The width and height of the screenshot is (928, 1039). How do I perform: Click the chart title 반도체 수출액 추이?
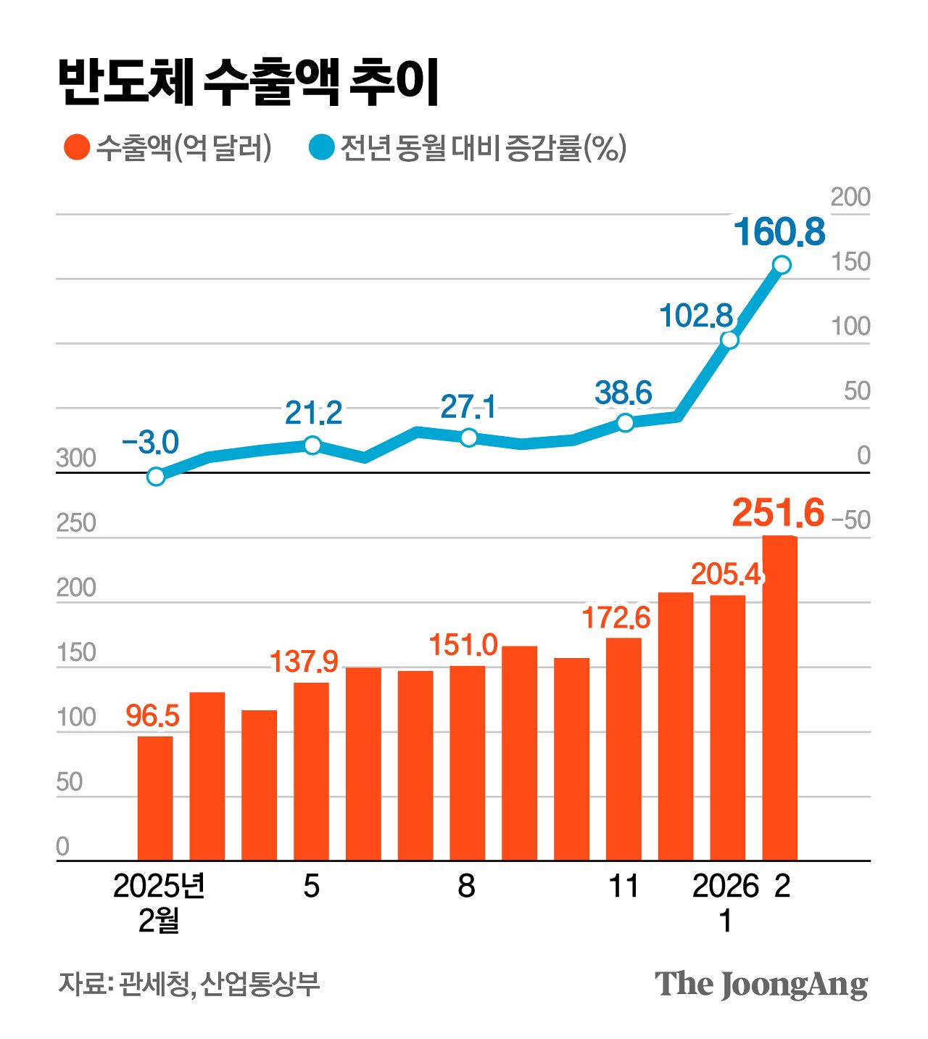pos(248,81)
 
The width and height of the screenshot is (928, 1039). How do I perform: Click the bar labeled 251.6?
pos(779,697)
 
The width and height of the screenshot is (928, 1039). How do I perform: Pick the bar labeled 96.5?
pos(155,798)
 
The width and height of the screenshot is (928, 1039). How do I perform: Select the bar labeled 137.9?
pos(311,771)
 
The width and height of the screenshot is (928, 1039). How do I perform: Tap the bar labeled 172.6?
pos(623,749)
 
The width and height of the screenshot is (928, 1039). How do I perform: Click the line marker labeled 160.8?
pos(782,265)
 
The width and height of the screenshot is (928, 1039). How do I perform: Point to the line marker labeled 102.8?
pos(729,340)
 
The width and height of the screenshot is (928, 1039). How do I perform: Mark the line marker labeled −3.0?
pos(156,477)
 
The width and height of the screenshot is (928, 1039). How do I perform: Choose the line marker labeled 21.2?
pos(312,445)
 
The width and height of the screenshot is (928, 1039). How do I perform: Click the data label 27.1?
pos(468,407)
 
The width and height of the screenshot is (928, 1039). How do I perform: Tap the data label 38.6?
pos(623,393)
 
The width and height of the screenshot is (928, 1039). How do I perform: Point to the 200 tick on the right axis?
pos(850,197)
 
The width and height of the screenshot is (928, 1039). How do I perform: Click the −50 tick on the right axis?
pos(850,520)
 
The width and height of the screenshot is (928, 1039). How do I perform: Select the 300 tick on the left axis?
pos(76,459)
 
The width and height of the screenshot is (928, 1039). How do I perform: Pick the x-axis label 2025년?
pos(159,887)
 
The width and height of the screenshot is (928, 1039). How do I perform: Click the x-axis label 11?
pos(623,887)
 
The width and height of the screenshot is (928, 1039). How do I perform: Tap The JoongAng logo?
pos(761,985)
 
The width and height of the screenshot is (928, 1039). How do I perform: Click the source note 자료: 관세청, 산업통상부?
pos(188,984)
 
